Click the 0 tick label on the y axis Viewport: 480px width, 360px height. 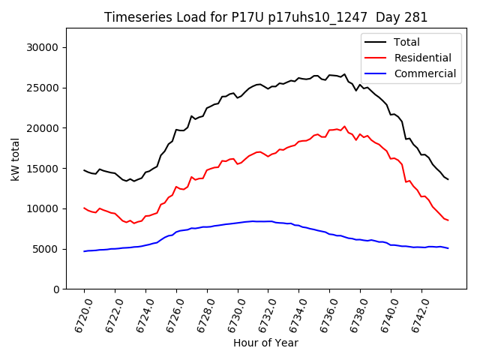pos(56,289)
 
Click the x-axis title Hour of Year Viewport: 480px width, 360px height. pos(265,343)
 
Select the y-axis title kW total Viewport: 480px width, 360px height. pos(14,158)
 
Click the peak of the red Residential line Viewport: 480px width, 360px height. pos(344,127)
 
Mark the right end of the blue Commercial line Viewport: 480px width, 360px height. pos(448,248)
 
